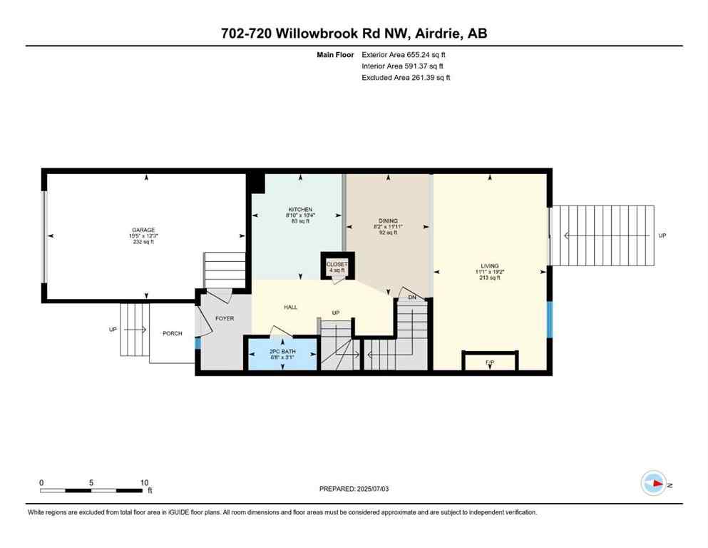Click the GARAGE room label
coord(143,230)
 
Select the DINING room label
coord(388,220)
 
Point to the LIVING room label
coord(489,265)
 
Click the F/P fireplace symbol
coord(489,363)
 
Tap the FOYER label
coord(225,318)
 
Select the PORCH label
coord(172,333)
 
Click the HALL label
coord(290,307)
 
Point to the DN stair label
coord(411,297)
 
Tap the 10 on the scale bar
coord(144,482)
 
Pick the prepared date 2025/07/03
coord(356,489)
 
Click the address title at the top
coord(354,33)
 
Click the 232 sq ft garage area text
coord(143,242)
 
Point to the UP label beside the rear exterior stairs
coord(662,235)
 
